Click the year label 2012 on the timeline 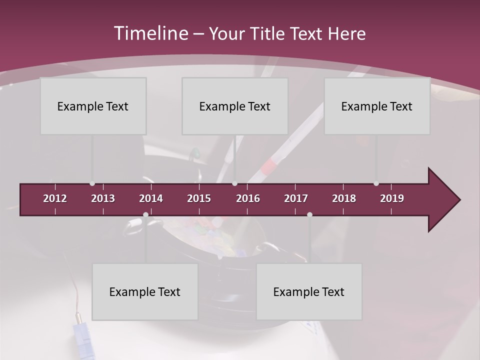tap(55, 198)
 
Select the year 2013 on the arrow tap(103, 198)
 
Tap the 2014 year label tap(151, 198)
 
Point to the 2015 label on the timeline tap(199, 198)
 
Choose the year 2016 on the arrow tap(248, 198)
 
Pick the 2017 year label tap(296, 198)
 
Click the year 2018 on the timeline tap(344, 198)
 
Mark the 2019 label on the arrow tap(392, 198)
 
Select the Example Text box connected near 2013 tap(93, 106)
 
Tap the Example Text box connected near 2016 tap(235, 106)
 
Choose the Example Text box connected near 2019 tap(377, 106)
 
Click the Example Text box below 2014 tap(145, 291)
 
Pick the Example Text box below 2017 tap(309, 291)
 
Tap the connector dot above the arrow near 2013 tap(92, 183)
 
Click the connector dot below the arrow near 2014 tap(145, 214)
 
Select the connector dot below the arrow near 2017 tap(309, 214)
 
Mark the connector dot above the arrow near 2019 tap(376, 183)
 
